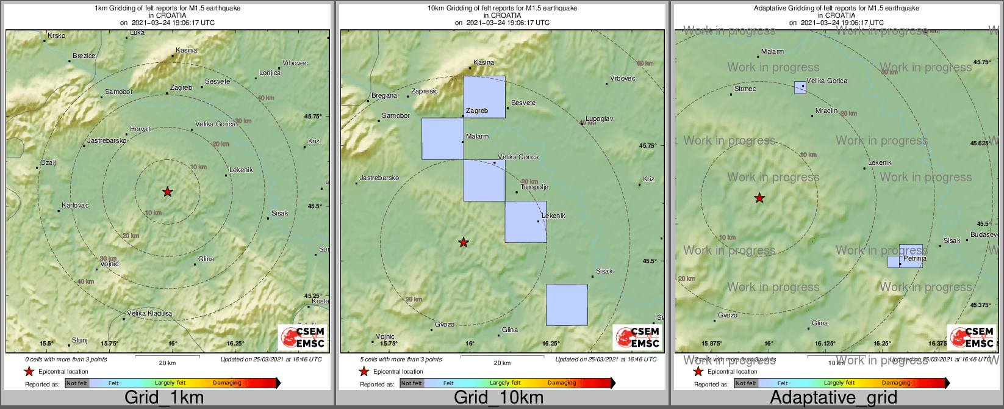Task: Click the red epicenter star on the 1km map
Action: pos(168,192)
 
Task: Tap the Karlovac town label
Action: pos(76,206)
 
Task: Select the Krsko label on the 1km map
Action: pos(56,36)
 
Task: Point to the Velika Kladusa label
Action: pos(149,314)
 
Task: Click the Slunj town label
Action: pos(80,341)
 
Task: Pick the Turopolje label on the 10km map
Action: pos(534,187)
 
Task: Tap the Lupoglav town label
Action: pos(599,119)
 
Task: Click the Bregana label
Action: pos(384,96)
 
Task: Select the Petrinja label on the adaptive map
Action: pos(915,259)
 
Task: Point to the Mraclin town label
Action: pos(827,111)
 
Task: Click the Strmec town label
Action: pos(745,89)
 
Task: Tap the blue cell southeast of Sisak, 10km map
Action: pos(567,305)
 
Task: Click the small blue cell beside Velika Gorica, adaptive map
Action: pos(800,87)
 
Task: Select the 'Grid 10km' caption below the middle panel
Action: pos(498,398)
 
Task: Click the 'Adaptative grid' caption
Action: pos(833,398)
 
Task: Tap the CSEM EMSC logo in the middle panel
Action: pos(637,338)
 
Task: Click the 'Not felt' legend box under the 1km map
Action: pos(77,383)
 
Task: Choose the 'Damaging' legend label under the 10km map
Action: pos(562,383)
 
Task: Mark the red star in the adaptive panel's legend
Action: pos(698,371)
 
